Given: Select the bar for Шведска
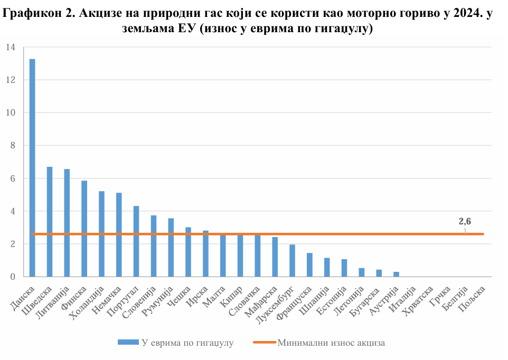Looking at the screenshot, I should click(50, 222).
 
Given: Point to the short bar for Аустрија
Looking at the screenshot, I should click(397, 274).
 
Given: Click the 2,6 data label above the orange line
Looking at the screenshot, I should click(465, 222).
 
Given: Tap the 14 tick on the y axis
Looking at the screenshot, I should click(11, 48).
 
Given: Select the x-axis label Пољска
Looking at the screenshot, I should click(473, 299).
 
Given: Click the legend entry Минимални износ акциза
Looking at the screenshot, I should click(331, 343).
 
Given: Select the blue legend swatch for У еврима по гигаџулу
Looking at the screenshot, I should click(128, 343).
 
